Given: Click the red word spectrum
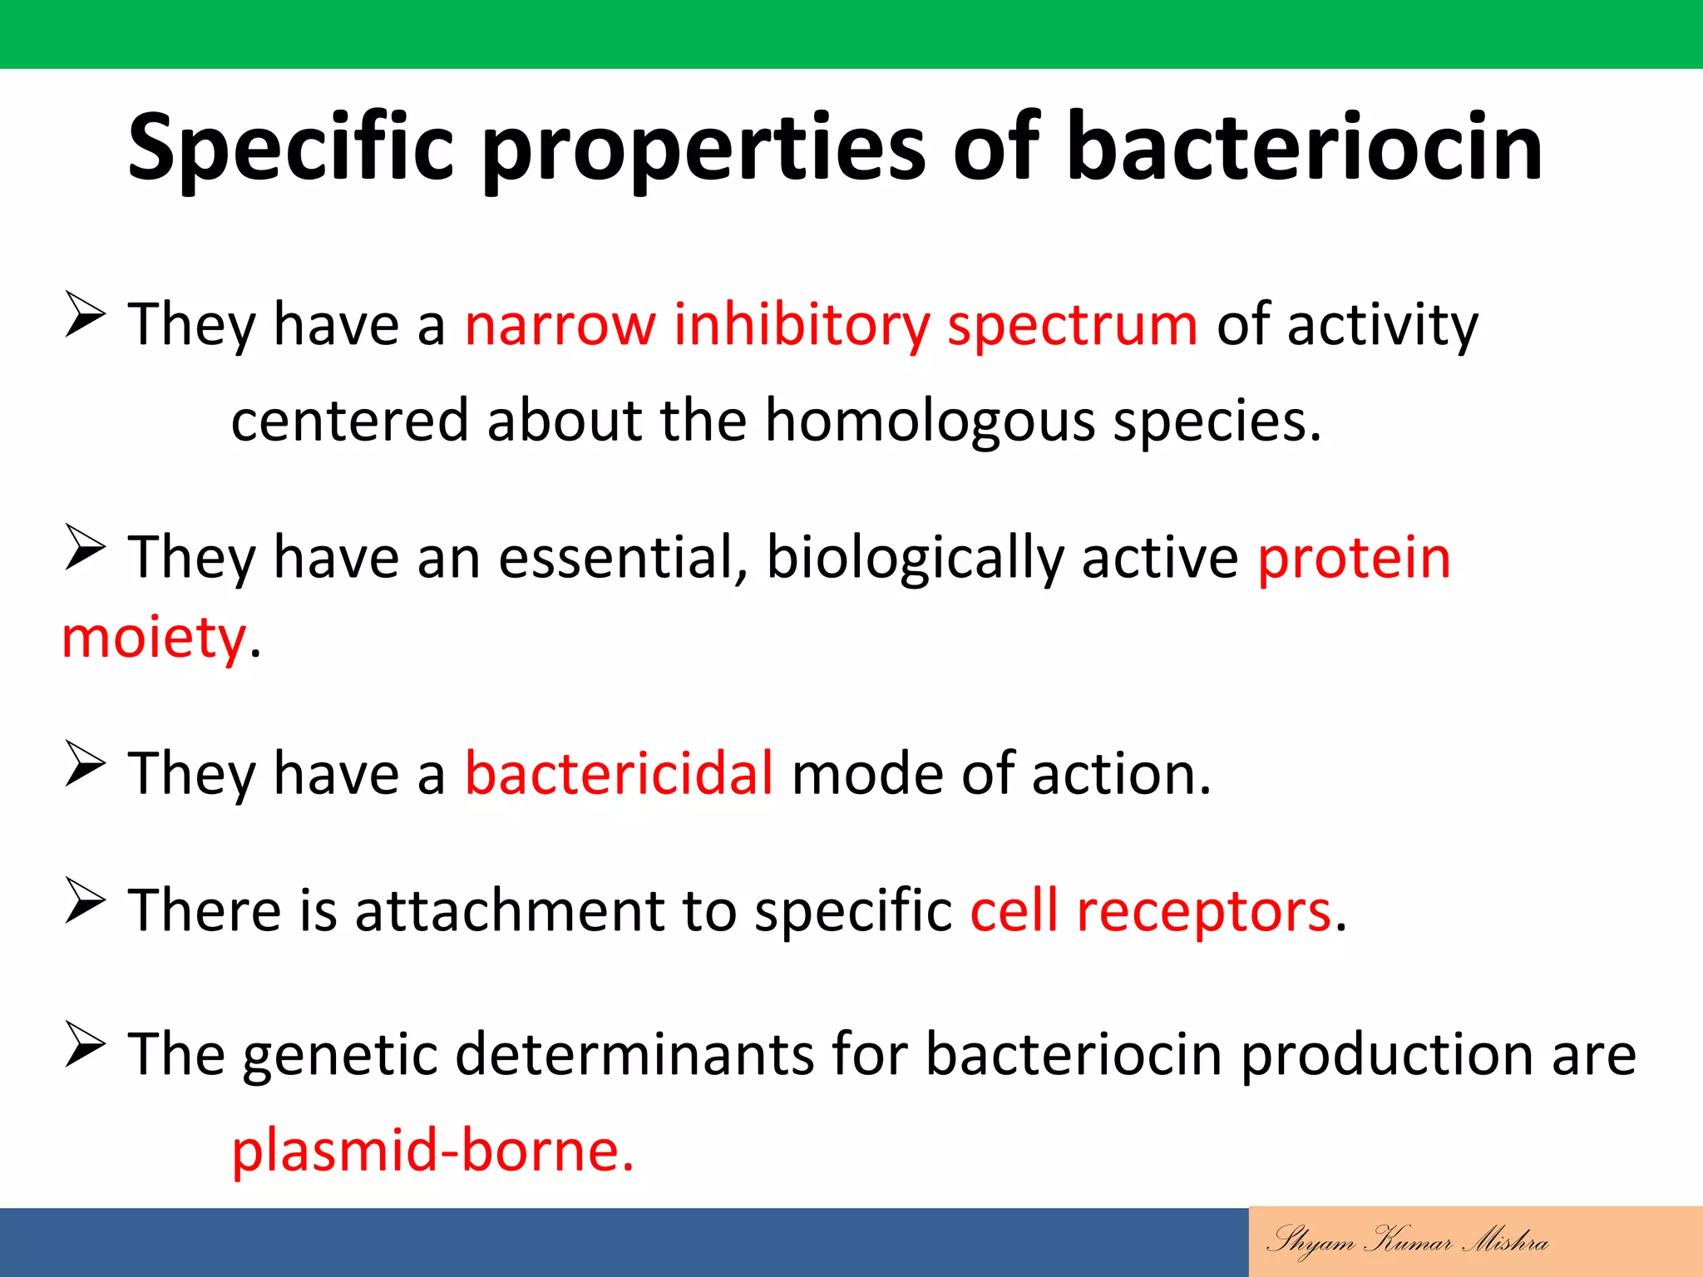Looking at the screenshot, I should click(1072, 326).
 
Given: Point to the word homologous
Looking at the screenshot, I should click(930, 420).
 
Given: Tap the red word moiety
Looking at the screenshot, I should click(154, 638).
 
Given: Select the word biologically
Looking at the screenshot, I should click(914, 559).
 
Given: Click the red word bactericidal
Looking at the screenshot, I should click(619, 773).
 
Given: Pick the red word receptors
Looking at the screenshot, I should click(1204, 911).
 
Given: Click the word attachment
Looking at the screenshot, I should click(509, 911).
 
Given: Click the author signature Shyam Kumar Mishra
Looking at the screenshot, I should click(1407, 1240).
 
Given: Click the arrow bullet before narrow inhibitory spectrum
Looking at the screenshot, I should click(85, 315).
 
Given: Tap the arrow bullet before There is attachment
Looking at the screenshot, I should click(85, 901).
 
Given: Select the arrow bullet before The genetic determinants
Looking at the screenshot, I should click(85, 1045).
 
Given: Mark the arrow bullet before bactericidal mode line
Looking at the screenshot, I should click(85, 764).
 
